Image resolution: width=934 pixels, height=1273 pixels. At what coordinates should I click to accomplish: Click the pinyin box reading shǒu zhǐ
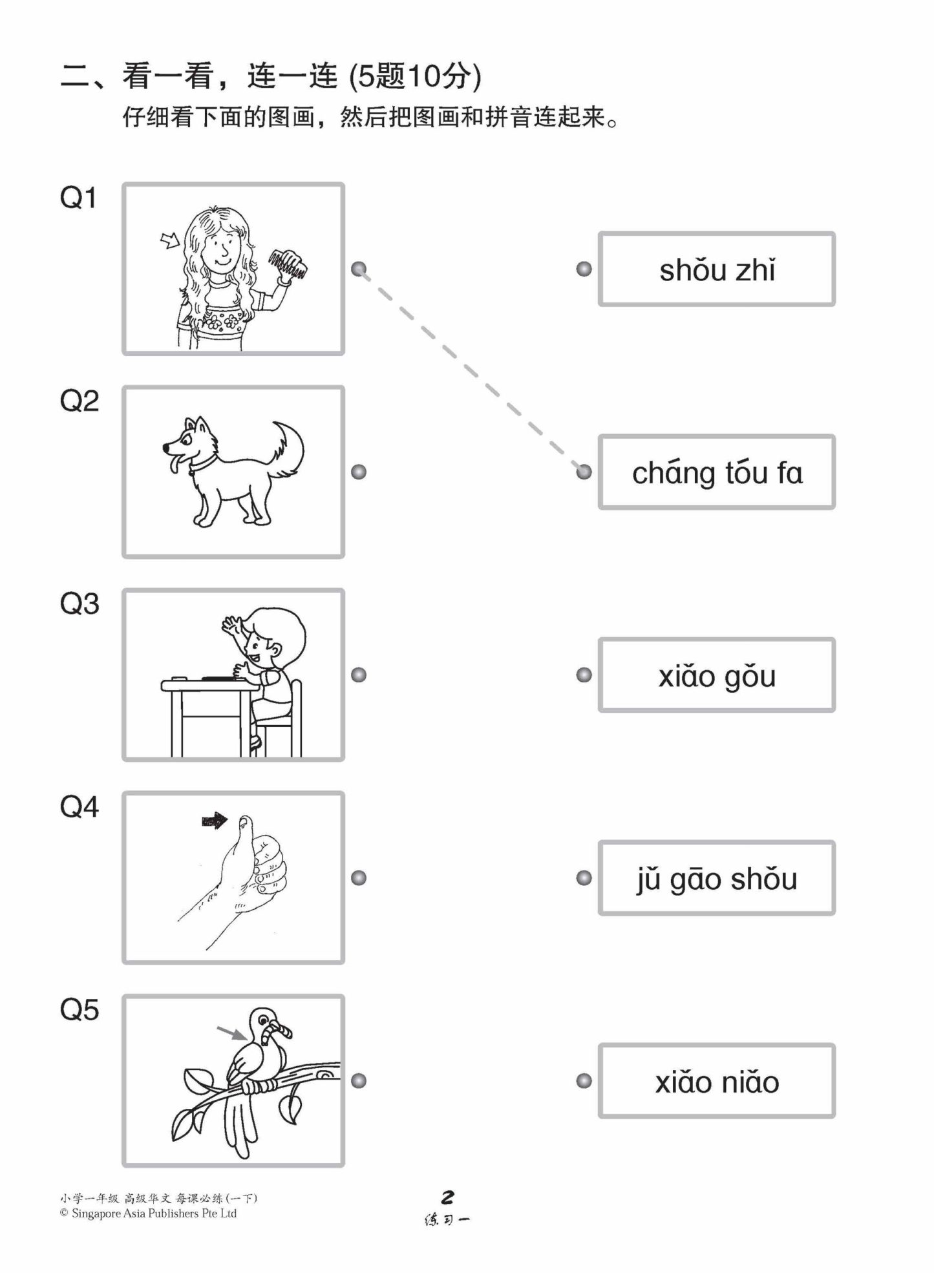tap(716, 269)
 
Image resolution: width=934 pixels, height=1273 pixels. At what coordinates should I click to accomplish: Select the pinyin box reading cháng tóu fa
tap(716, 472)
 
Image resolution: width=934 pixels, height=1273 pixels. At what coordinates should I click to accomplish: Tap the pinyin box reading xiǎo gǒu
tap(716, 675)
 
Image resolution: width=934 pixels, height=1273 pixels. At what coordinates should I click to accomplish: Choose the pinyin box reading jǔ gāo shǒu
tap(716, 878)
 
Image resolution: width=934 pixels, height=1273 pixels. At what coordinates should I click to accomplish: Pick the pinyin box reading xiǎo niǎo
tap(716, 1081)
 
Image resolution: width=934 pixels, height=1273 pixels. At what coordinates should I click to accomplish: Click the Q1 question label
tap(78, 198)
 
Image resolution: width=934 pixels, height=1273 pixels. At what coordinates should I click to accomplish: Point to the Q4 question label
tap(79, 807)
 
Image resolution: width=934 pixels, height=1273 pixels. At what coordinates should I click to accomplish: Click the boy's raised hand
tap(231, 625)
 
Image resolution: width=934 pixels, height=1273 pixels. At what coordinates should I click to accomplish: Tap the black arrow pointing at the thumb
tap(214, 821)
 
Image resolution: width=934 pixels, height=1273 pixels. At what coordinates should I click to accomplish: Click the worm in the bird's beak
tap(273, 1029)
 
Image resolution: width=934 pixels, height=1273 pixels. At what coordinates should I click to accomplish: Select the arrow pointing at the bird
tap(231, 1032)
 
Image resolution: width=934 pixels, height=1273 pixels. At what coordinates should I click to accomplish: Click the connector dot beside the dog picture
tap(359, 472)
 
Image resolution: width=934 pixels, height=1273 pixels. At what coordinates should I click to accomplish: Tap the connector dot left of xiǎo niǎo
tap(584, 1081)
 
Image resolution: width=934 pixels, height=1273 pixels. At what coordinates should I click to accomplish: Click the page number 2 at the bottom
tap(447, 1197)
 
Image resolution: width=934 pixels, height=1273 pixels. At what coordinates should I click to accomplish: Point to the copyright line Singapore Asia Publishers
tap(149, 1214)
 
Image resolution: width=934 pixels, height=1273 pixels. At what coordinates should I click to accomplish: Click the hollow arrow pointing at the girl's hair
tap(170, 241)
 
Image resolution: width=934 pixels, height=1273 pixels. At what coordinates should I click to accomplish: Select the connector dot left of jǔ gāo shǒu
tap(584, 878)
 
